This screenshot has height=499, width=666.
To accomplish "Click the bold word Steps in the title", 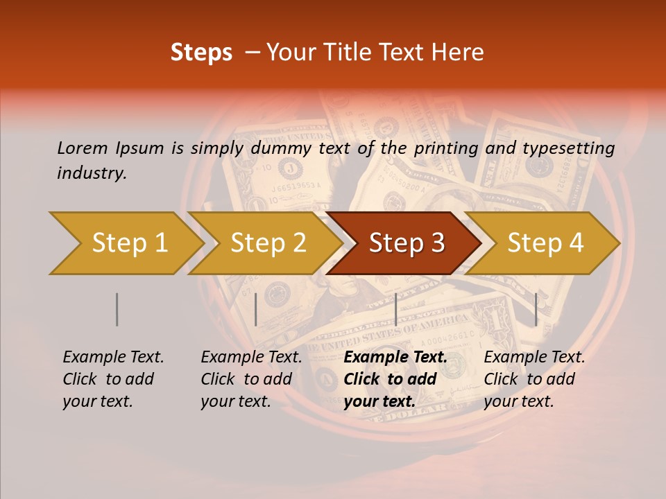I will point(201,53).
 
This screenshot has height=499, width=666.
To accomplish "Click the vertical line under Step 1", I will point(117,309).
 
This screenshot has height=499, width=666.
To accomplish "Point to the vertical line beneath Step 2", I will point(256,309).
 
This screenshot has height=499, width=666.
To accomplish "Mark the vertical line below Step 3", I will point(395,309).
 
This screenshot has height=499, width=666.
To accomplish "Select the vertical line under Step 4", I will point(536,309).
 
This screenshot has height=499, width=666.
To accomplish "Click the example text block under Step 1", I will point(113,379).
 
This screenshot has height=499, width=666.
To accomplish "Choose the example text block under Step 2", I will point(251,379).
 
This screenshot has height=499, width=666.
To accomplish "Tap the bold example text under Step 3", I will point(395,379).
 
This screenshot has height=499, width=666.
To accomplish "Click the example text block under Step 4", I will point(534,379).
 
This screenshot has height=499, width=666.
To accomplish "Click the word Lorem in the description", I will point(83,148).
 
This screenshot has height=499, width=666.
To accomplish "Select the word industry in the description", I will point(92,173).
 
